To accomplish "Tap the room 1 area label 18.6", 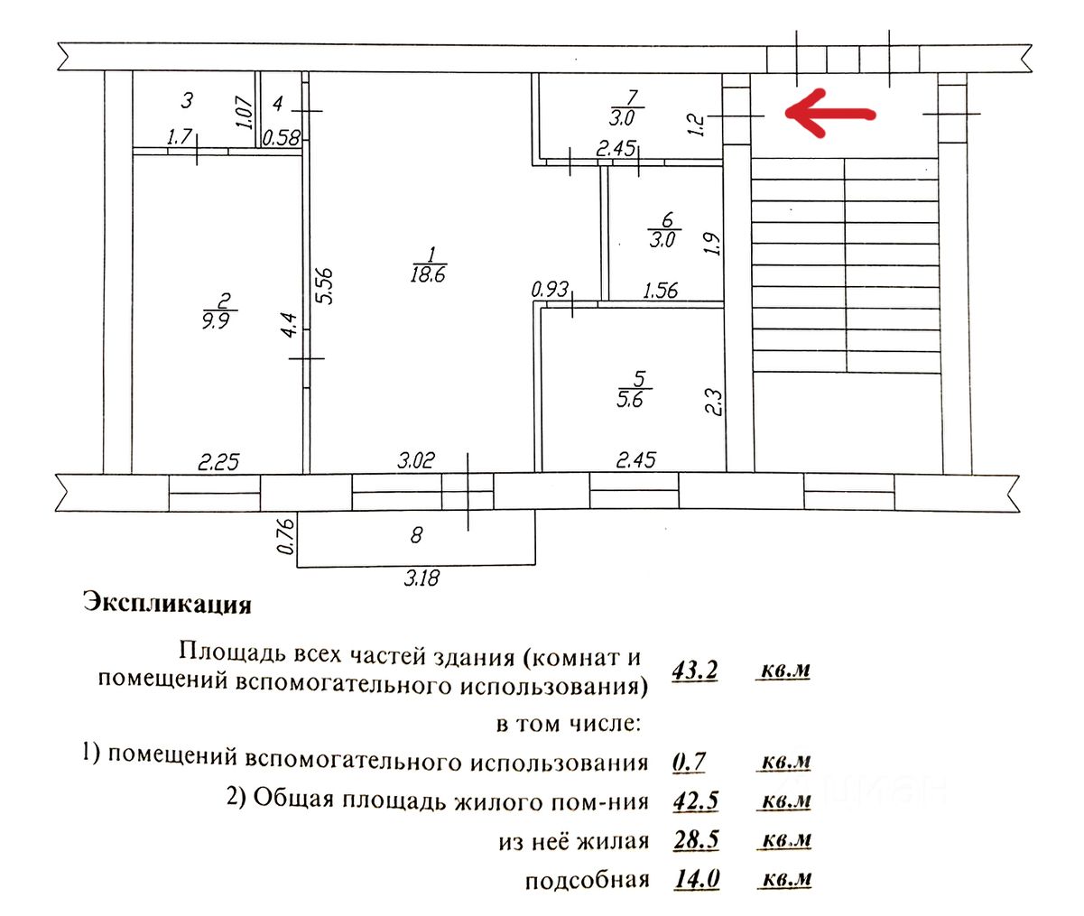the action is pos(428,274).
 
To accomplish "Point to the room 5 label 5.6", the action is pos(630,398).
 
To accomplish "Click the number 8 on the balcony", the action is pos(416,535).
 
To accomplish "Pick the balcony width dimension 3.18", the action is pos(422,578).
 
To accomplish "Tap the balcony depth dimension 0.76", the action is pos(287,535).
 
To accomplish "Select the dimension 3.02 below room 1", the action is pos(416,460).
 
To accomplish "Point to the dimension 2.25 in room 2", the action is pos(218,462).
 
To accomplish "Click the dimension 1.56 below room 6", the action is pos(660,291).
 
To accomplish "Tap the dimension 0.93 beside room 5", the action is pos(550,290).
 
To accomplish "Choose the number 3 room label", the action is pos(187,99).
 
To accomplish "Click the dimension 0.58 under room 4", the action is pos(282,138).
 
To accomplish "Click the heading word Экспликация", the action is pos(167,603).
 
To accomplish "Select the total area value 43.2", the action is pos(695,671).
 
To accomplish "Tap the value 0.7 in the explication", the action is pos(690,762).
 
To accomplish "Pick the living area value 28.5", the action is pos(696,840).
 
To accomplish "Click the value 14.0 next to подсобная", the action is pos(696,879).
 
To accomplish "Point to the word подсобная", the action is pos(587,880).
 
